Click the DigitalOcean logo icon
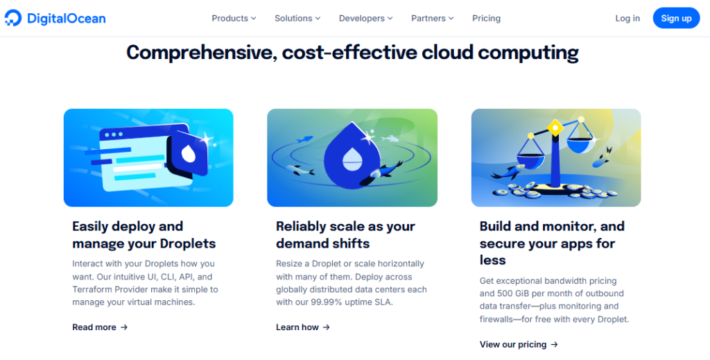coord(12,18)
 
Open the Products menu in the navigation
coord(234,18)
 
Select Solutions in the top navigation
coord(297,18)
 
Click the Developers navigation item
coord(365,18)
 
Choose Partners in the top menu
coord(432,18)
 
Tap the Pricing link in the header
coord(486,18)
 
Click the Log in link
coord(627,18)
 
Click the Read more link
coord(100,327)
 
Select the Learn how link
coord(303,327)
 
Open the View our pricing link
coord(519,344)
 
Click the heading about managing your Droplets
coord(144,234)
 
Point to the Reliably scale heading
coord(345,234)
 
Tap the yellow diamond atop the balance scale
coord(555,128)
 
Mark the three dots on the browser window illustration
coord(114,135)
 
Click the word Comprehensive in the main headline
coord(202,53)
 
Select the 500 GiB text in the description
coord(513,293)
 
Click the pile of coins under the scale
coord(554,190)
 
